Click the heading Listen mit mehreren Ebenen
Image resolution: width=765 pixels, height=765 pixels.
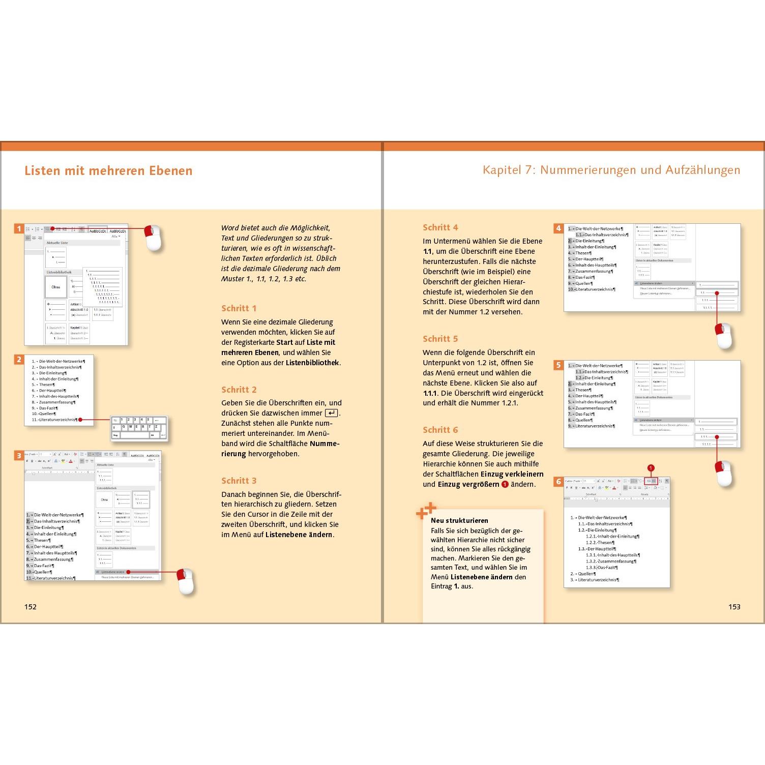pos(108,170)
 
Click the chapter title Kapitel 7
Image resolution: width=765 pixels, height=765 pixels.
pos(611,170)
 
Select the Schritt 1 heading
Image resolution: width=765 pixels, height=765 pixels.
pos(239,308)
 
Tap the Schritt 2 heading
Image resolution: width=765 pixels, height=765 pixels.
pos(239,390)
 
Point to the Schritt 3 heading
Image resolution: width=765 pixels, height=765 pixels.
pos(239,481)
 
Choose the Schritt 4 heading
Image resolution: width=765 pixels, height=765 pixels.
pos(440,227)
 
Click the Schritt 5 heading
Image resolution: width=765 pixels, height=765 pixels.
pos(440,339)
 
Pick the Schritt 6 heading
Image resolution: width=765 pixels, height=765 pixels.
pos(440,430)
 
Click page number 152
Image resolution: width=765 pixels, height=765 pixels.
pos(31,606)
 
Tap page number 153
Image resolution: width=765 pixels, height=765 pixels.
pos(734,606)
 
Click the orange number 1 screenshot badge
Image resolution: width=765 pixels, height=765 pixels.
pos(19,229)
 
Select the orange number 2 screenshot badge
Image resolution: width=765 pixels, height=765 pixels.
pos(19,360)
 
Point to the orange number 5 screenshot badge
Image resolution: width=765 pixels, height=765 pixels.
pos(558,365)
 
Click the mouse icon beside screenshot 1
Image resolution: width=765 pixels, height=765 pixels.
pos(153,238)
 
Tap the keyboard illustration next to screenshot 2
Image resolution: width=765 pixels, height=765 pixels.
pos(139,428)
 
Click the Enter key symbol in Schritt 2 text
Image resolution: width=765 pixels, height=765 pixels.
pos(331,413)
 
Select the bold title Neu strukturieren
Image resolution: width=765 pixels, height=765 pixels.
pos(459,520)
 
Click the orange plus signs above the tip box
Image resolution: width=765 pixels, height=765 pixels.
pos(426,511)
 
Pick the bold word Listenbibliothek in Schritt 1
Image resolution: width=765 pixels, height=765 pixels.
pos(312,363)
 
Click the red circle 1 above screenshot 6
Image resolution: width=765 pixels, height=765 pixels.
pos(651,468)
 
